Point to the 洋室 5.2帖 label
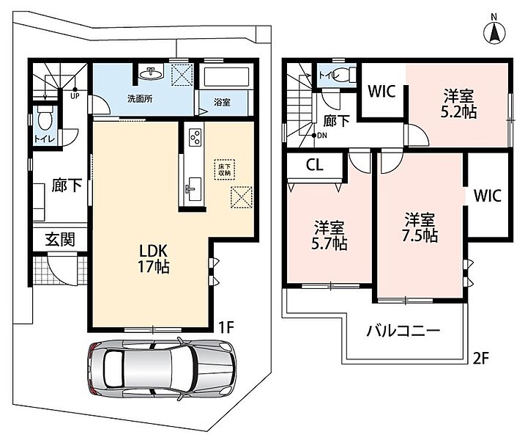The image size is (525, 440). [x=458, y=104]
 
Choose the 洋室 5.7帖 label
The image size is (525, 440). [x=329, y=235]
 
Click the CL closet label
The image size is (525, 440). [x=315, y=165]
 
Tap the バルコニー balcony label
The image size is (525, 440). [x=403, y=331]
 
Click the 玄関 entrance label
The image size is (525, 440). [x=60, y=240]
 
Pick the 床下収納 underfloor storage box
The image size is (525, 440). [x=224, y=169]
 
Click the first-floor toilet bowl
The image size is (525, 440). [x=44, y=118]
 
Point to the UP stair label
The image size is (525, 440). [x=75, y=95]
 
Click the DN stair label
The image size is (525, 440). [x=322, y=136]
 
